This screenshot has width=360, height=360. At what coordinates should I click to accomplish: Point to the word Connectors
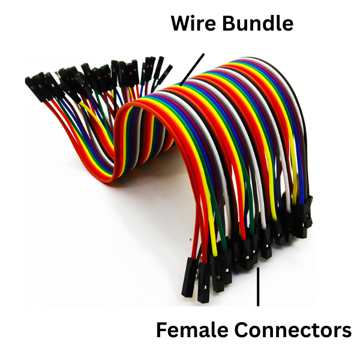coord(292,330)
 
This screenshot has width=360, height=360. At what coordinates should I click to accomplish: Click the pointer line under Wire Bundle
coord(191,67)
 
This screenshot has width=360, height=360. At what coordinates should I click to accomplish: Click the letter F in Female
coord(161,330)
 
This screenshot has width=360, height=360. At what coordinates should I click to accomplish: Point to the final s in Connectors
coord(346,331)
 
